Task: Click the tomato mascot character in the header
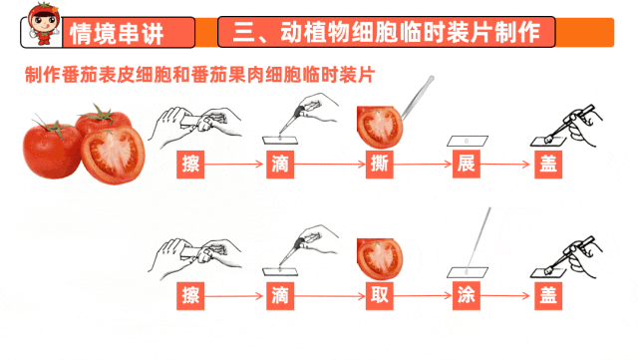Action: (44, 24)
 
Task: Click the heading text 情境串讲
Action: (117, 33)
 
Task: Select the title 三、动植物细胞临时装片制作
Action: (386, 32)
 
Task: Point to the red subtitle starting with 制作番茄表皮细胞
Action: (199, 75)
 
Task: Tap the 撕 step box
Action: (379, 165)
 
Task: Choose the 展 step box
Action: (467, 165)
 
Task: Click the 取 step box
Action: (379, 295)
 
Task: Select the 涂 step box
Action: (467, 295)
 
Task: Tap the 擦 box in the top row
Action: (190, 165)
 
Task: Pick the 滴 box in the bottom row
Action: (280, 295)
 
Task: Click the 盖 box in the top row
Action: (548, 165)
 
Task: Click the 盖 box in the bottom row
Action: (548, 295)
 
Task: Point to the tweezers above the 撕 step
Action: (417, 99)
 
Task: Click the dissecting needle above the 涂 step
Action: (478, 239)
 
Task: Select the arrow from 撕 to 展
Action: (423, 165)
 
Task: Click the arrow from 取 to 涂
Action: (423, 295)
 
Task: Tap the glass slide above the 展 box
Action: (468, 141)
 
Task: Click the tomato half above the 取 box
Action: (380, 259)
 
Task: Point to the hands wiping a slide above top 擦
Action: (194, 126)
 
